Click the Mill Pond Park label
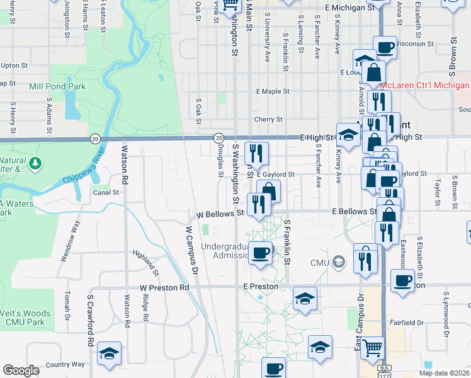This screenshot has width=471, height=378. point(57,85)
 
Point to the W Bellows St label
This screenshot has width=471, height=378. point(220,214)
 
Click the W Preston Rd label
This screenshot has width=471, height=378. point(164,287)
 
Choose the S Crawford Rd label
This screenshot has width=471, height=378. point(91,321)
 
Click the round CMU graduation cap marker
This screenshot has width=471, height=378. point(339,261)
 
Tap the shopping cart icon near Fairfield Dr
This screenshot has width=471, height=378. point(373,346)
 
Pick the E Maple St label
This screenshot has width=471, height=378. point(272,91)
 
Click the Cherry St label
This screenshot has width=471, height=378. point(268,119)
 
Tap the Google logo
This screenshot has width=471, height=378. point(21,370)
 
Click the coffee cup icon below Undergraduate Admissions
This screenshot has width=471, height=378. point(260,253)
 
